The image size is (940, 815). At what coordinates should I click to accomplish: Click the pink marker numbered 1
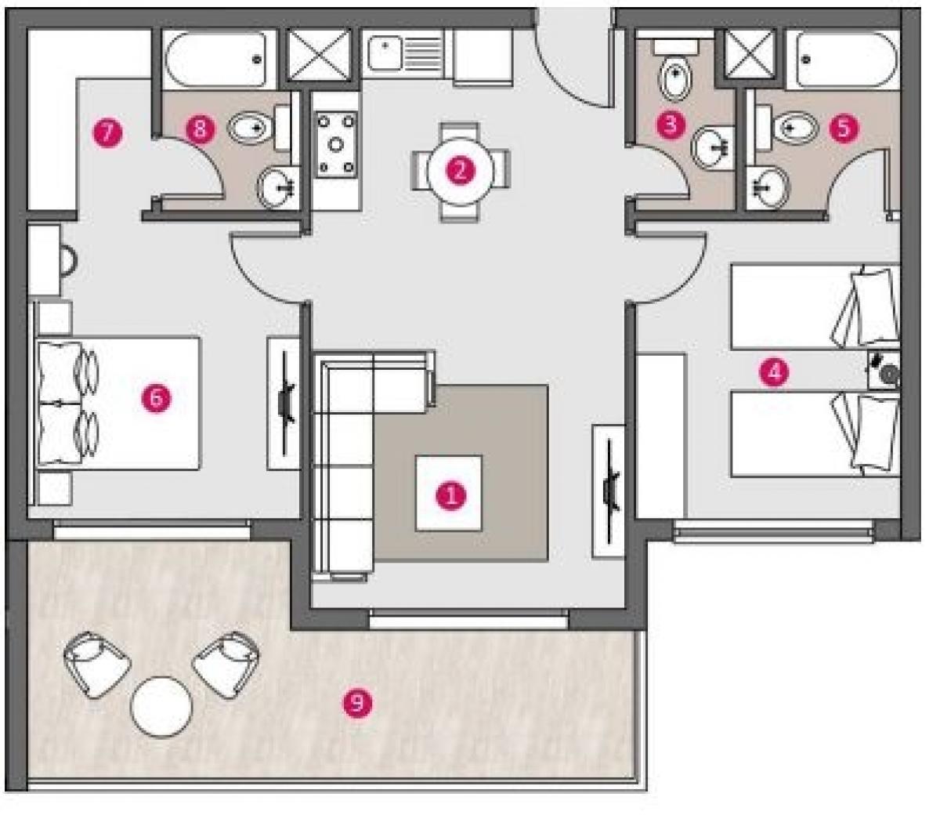point(450,494)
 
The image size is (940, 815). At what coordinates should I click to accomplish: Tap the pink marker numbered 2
point(461,171)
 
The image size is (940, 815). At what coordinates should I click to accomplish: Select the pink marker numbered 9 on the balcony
point(357,704)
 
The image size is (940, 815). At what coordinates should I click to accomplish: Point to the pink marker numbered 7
point(107,133)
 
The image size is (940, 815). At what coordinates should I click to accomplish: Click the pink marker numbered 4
point(774,372)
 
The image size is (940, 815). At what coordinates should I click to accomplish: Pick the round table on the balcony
point(161,707)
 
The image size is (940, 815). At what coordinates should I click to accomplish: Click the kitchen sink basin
point(385,54)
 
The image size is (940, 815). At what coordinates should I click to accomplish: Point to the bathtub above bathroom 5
point(848,59)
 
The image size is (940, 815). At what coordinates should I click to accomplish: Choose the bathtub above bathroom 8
point(215,59)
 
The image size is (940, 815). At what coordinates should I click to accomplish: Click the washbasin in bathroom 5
point(769,187)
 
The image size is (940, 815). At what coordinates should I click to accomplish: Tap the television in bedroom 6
point(284,403)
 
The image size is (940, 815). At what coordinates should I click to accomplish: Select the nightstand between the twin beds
point(884,370)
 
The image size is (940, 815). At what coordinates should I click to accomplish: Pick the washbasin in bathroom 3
point(712,147)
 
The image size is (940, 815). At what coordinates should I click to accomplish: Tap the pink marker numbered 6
point(156,398)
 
